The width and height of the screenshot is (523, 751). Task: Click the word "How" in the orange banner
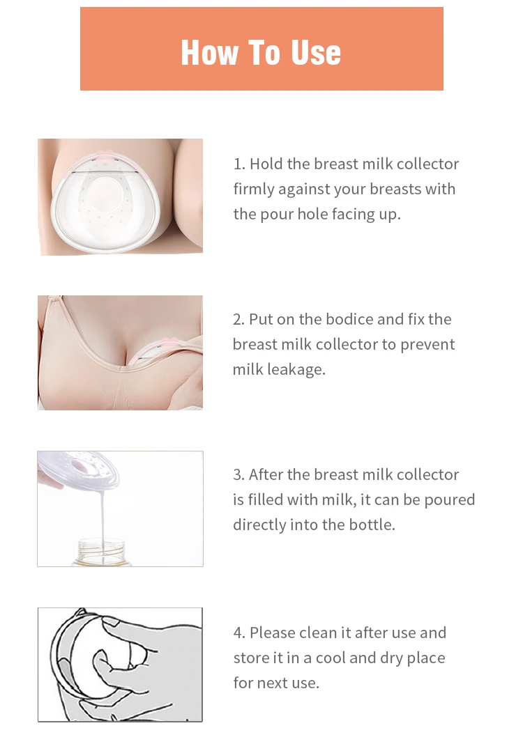pos(207,53)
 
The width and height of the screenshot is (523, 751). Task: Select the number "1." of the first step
pos(239,164)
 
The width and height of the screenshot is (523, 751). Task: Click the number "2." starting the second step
pos(239,320)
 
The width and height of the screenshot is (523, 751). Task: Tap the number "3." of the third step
pos(239,475)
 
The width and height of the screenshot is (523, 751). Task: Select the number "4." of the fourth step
pos(240,633)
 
